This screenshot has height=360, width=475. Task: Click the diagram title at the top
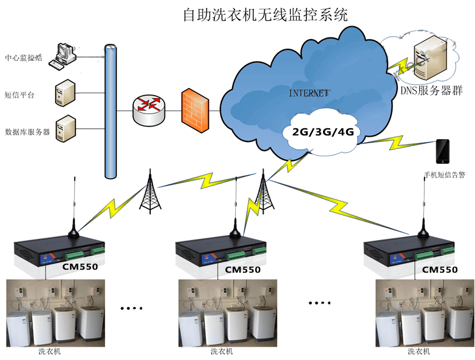[265, 14]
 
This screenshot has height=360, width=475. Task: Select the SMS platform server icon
[65, 93]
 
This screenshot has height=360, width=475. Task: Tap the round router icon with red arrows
[148, 108]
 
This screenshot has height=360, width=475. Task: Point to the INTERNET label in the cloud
[309, 93]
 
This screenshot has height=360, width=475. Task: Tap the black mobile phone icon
[443, 151]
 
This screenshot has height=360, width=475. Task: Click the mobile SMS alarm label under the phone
[444, 175]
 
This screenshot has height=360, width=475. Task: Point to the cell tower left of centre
[149, 190]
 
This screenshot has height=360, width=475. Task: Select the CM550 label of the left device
[80, 267]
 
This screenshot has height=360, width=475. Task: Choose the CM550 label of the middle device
[243, 270]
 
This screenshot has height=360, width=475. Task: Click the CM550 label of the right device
[439, 269]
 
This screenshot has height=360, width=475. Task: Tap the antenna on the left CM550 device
[74, 208]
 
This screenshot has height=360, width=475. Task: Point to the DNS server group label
[432, 90]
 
